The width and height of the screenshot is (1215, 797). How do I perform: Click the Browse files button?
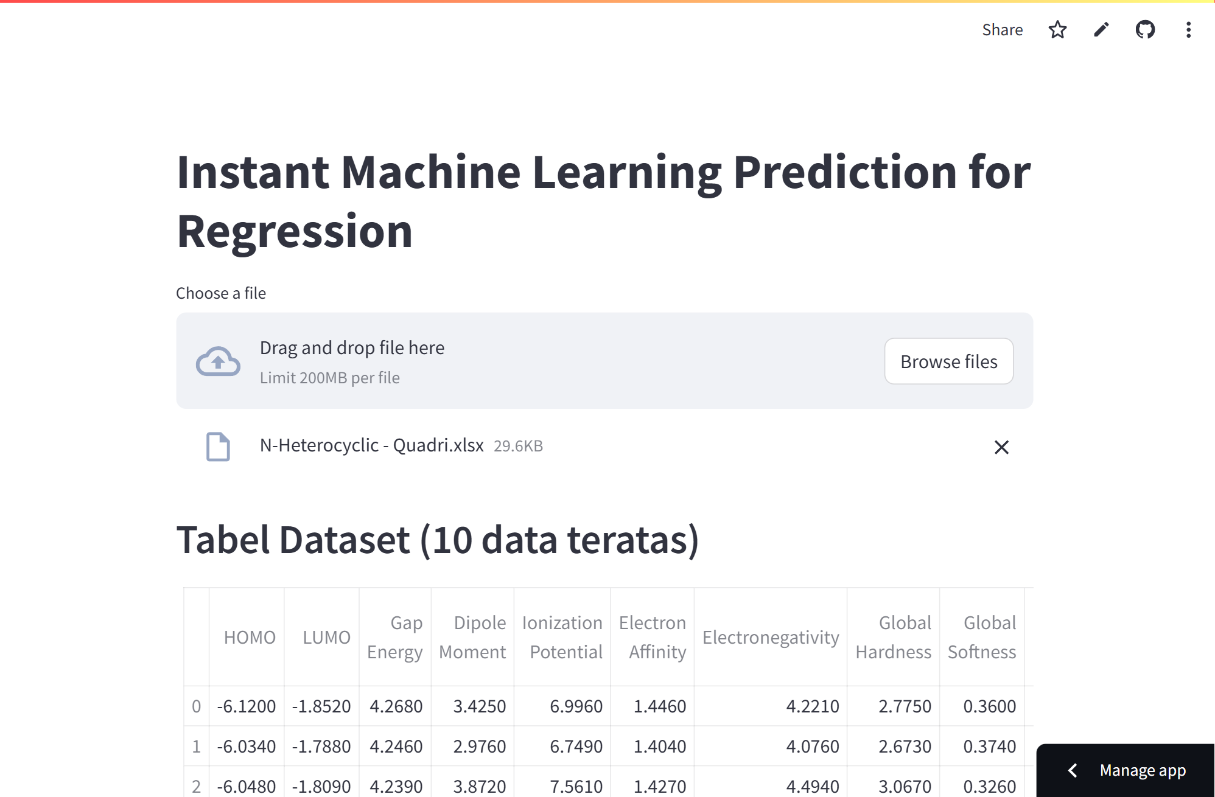(948, 361)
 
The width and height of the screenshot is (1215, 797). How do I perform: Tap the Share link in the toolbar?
(1002, 30)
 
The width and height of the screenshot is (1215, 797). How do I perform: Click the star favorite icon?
(1057, 30)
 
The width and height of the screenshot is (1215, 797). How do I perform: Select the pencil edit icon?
(1101, 30)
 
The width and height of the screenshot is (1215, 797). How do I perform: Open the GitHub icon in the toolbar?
(1145, 30)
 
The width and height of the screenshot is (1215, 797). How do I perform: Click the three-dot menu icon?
(1188, 30)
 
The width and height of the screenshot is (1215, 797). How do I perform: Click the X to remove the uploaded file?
(1001, 447)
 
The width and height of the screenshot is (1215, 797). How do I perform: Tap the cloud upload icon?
(218, 361)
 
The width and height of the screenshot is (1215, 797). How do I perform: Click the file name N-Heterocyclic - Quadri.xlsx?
(371, 445)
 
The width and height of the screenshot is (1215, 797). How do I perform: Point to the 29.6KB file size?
(518, 447)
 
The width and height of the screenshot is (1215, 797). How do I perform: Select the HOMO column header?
(250, 637)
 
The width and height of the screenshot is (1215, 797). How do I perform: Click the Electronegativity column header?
(770, 637)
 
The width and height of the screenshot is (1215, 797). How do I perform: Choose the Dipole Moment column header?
(472, 637)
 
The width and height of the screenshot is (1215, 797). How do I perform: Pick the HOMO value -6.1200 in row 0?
(247, 706)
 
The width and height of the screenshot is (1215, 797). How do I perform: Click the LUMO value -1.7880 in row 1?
(321, 747)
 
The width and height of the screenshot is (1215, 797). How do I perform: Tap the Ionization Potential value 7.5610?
(576, 786)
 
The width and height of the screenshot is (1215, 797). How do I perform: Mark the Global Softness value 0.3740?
(989, 747)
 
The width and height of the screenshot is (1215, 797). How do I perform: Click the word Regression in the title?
(295, 232)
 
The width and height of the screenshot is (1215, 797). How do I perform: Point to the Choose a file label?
(221, 293)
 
